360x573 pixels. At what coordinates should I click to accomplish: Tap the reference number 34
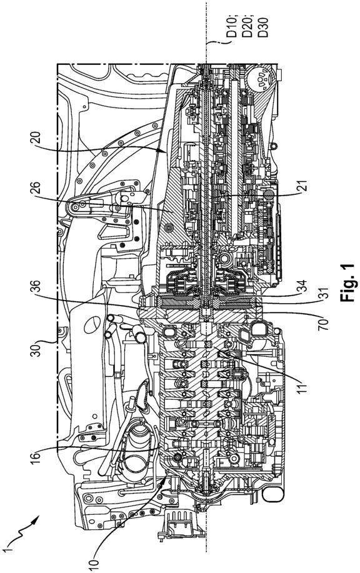pos(301,287)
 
